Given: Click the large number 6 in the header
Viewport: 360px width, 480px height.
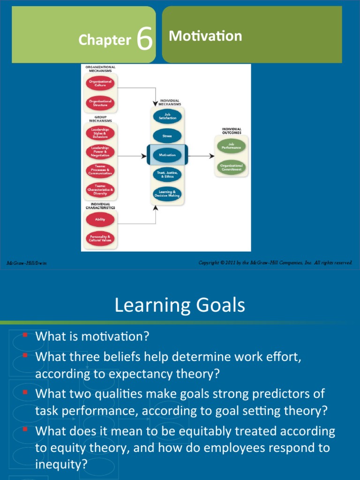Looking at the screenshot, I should (145, 39).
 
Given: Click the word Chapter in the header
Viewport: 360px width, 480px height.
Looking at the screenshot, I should (105, 40).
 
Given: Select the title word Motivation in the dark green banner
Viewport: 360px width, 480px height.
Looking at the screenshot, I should (205, 36).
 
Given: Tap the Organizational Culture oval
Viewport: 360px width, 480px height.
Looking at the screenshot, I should (100, 83).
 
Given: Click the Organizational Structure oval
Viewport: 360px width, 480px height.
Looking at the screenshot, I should (100, 103).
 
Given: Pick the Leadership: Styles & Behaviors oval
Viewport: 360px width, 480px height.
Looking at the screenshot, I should (100, 134).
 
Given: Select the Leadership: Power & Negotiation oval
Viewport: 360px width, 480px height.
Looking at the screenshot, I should (100, 152).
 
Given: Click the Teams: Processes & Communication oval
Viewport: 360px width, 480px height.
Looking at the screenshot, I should (100, 171).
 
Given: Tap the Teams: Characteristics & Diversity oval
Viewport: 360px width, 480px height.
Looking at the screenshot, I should (100, 189).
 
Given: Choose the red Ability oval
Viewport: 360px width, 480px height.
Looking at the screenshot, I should (100, 219).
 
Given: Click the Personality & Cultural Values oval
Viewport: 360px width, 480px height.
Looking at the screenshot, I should (100, 239).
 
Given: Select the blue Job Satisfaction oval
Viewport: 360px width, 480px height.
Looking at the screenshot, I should (167, 117).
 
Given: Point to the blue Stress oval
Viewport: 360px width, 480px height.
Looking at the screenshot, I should (167, 136).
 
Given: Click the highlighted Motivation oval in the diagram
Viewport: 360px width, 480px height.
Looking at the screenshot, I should (167, 155).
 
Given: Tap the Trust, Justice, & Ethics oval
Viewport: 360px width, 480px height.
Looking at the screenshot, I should (167, 174).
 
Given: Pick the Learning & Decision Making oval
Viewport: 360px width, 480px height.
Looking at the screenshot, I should (167, 194).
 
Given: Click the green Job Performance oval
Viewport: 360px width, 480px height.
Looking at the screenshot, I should (231, 146).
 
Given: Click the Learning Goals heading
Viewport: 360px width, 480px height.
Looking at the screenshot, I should (180, 306).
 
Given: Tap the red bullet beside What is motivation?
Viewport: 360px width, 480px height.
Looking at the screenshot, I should (25, 335).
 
